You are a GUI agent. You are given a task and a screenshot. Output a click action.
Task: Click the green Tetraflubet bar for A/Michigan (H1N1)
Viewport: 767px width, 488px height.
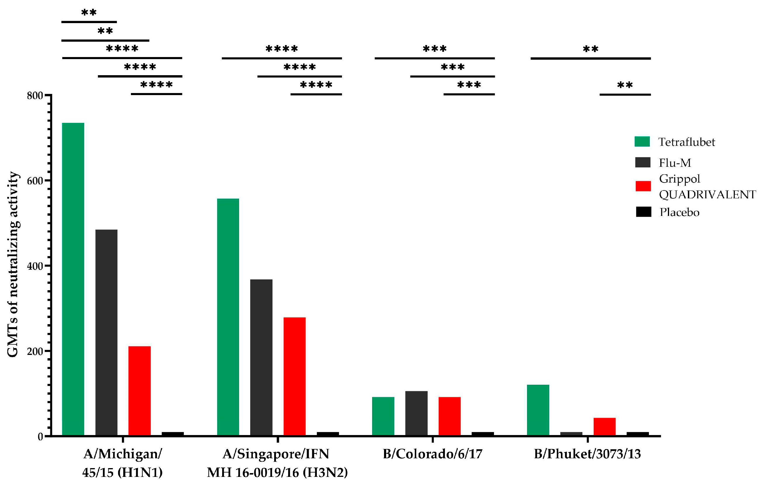[x=73, y=279]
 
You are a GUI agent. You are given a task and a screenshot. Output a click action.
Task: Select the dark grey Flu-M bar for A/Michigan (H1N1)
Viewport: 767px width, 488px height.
[x=106, y=332]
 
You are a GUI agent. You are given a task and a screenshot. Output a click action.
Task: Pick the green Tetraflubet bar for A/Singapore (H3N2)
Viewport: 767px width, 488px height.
[x=228, y=317]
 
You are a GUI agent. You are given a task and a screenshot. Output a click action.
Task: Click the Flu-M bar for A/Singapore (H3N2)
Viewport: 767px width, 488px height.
[x=261, y=357]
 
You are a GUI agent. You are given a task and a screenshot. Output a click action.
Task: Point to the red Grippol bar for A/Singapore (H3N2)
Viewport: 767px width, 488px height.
[x=294, y=376]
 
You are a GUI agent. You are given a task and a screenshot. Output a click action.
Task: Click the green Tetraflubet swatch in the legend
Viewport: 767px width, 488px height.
[x=642, y=142]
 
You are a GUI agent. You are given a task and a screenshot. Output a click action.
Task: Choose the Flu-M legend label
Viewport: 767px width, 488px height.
[x=675, y=163]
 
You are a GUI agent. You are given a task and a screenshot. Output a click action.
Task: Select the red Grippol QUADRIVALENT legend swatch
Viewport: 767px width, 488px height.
[x=643, y=186]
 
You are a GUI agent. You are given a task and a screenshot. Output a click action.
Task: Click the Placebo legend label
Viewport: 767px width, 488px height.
[x=679, y=212]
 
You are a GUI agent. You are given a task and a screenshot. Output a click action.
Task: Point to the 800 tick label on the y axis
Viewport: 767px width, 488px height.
[x=35, y=96]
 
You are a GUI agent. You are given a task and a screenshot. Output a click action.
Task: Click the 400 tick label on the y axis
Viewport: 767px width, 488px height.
[x=35, y=266]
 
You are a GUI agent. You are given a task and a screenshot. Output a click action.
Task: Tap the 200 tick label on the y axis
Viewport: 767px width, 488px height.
[x=35, y=351]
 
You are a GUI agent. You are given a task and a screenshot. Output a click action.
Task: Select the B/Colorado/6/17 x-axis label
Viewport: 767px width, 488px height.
[x=432, y=454]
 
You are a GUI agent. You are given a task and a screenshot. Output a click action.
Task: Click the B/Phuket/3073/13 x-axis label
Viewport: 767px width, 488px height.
[x=587, y=454]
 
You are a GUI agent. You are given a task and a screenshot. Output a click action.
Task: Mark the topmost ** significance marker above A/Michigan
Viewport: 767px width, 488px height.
[x=89, y=13]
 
